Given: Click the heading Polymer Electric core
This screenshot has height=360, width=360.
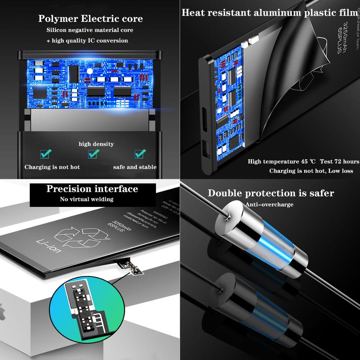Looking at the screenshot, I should pyautogui.click(x=90, y=18).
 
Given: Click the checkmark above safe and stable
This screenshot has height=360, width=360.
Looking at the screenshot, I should pyautogui.click(x=140, y=154).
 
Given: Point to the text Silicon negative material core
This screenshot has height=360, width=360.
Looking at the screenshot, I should pyautogui.click(x=90, y=30).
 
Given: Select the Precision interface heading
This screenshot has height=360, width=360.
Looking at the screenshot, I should pyautogui.click(x=92, y=189).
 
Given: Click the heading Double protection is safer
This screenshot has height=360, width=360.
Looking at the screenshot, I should pyautogui.click(x=271, y=193).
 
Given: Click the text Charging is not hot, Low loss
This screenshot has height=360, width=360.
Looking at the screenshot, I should pyautogui.click(x=311, y=171).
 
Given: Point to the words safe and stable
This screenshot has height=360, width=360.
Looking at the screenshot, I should pyautogui.click(x=135, y=167).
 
